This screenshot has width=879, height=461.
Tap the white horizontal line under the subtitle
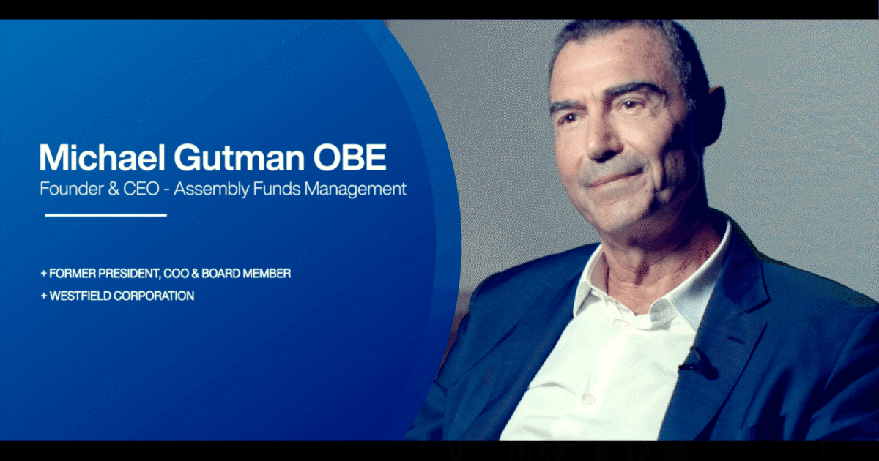point(105,215)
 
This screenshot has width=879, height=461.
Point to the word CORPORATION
point(155,296)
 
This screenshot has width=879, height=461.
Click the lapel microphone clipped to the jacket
point(691,360)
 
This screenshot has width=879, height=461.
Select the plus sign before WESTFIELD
point(43,296)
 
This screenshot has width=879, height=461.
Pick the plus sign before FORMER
point(43,274)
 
